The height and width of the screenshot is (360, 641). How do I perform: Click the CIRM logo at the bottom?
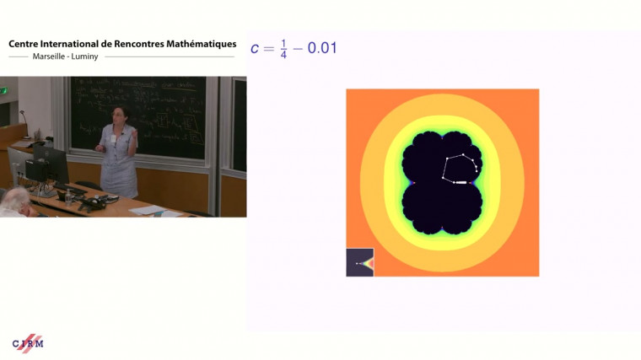(x=28, y=343)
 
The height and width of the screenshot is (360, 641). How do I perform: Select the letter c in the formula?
(x=256, y=48)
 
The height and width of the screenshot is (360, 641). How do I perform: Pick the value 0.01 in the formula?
(x=321, y=48)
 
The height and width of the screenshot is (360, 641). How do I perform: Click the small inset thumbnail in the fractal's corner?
(x=359, y=262)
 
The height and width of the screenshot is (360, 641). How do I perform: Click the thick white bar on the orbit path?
(x=461, y=182)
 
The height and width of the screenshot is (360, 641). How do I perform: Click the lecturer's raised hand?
(x=133, y=134)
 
